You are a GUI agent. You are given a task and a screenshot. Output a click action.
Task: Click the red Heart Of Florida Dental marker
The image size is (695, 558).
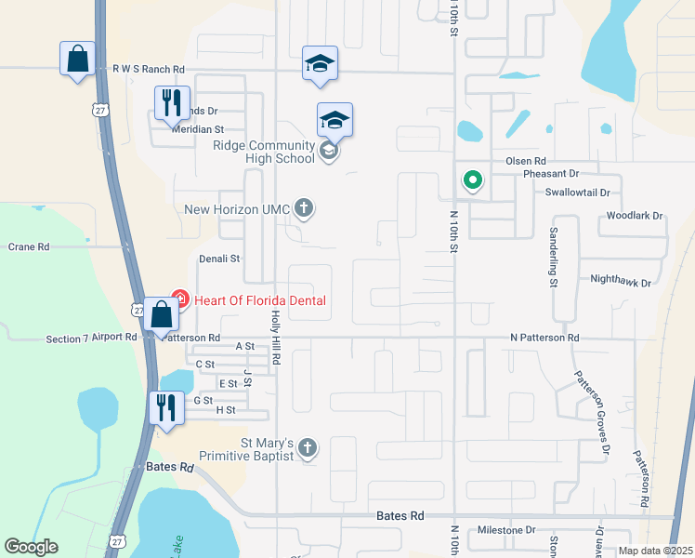[179, 300]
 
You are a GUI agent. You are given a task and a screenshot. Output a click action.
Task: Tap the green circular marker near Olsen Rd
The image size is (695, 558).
[473, 179]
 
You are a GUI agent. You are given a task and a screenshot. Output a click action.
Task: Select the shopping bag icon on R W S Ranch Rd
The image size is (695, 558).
[76, 59]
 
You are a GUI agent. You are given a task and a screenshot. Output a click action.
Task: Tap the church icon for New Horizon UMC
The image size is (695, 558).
[304, 208]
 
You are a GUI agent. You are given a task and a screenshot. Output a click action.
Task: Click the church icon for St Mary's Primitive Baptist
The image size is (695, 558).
[308, 449]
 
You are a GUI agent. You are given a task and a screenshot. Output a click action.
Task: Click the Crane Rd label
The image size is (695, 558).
[28, 247]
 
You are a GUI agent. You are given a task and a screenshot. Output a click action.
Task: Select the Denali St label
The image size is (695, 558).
[219, 259]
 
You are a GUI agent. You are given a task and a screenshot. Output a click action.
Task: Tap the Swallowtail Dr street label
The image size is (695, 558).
[579, 193]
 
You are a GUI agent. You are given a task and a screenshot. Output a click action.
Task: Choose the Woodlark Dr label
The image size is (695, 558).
[635, 216]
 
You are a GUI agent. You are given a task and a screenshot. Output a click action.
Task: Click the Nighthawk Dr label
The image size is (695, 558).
[622, 280]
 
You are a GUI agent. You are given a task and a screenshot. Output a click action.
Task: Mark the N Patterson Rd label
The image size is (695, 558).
[544, 338]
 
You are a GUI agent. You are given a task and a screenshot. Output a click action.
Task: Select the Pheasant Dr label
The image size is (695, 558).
[551, 173]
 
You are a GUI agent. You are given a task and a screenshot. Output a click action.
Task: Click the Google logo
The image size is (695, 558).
[31, 548]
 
